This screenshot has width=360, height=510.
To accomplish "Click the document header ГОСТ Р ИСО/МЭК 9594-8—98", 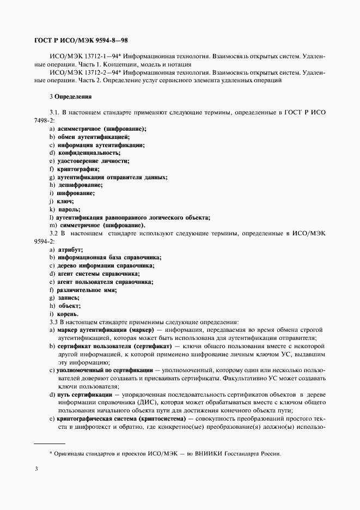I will coord(81,41).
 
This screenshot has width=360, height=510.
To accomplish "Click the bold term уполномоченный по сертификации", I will coord(105,369).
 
